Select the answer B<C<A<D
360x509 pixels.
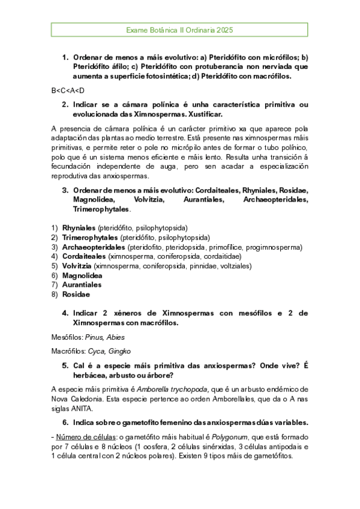pos(68,90)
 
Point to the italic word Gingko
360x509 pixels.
pos(119,351)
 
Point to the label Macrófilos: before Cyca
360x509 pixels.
pos(69,351)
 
